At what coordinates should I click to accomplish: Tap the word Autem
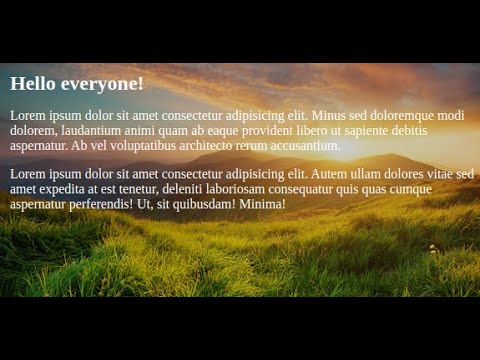point(330,174)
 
